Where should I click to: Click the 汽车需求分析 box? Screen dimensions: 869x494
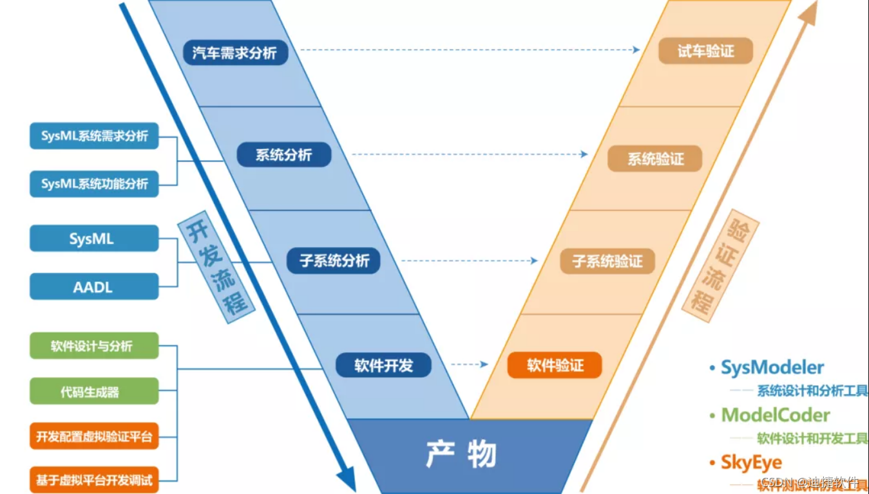point(234,52)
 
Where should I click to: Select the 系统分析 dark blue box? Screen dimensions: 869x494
point(283,155)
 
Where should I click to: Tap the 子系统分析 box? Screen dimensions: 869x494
point(334,261)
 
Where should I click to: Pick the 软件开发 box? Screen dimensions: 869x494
point(383,366)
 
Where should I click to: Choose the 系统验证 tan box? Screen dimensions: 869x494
point(654,159)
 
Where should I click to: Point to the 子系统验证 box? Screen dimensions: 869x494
point(607,262)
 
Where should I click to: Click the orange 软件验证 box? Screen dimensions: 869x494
point(555,365)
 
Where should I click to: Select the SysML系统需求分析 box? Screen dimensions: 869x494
point(94,136)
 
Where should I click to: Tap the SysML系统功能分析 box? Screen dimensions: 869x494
point(94,184)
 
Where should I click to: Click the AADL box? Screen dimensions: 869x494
point(94,287)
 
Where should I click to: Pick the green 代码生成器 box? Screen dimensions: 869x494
point(94,391)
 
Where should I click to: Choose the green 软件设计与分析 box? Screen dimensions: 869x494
point(94,346)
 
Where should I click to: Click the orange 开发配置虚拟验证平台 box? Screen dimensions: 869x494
point(94,437)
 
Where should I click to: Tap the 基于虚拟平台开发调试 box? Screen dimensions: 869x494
point(94,479)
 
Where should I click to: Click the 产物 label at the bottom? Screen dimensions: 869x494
point(461,454)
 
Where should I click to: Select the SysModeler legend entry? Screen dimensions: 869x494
point(772,368)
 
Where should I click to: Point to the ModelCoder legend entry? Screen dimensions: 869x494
point(775,415)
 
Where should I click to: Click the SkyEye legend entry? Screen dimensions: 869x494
point(751,462)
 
